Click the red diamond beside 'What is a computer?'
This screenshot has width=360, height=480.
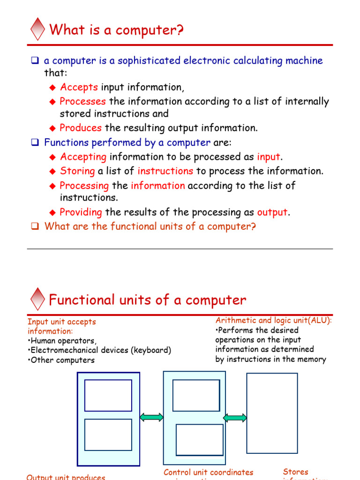37,29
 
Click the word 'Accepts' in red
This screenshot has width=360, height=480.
79,87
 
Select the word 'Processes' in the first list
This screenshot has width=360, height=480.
82,101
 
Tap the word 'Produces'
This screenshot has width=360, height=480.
81,128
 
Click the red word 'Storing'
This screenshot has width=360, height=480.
77,171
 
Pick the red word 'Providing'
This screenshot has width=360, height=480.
81,212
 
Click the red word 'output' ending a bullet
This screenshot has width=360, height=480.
272,212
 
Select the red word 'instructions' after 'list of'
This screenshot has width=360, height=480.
165,171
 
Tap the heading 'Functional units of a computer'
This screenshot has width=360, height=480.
147,300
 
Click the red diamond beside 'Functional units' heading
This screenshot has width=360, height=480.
37,299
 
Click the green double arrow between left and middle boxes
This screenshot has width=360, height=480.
151,417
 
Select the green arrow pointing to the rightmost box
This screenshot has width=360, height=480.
235,418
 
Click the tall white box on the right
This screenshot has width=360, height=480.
272,413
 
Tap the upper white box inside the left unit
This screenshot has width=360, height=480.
108,395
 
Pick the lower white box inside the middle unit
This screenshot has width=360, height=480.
199,439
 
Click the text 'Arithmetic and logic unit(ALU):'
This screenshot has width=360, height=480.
274,320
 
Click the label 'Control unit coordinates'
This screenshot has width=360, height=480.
208,472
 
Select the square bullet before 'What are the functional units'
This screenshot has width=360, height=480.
34,226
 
